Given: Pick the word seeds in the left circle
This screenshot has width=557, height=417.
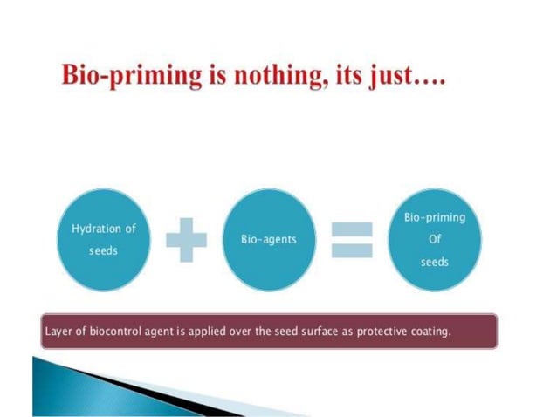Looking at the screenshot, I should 103,250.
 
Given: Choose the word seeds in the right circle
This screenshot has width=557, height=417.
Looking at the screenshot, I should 434,262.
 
